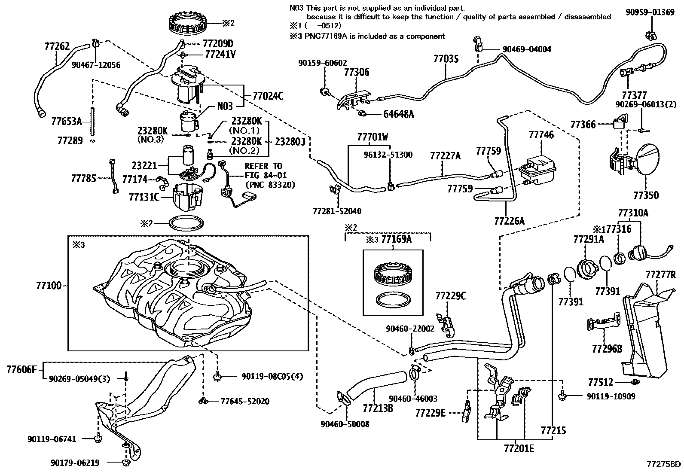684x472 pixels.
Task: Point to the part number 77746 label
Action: (541, 135)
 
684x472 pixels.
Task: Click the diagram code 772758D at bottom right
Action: (664, 464)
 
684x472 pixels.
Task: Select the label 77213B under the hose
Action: (378, 408)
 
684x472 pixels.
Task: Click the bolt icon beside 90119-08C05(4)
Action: (217, 377)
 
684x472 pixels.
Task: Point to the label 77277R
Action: (660, 274)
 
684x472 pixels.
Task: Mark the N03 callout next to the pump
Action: (225, 106)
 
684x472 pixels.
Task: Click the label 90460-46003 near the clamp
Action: (413, 399)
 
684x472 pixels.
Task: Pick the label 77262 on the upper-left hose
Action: (57, 46)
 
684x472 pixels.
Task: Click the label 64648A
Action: (398, 114)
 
